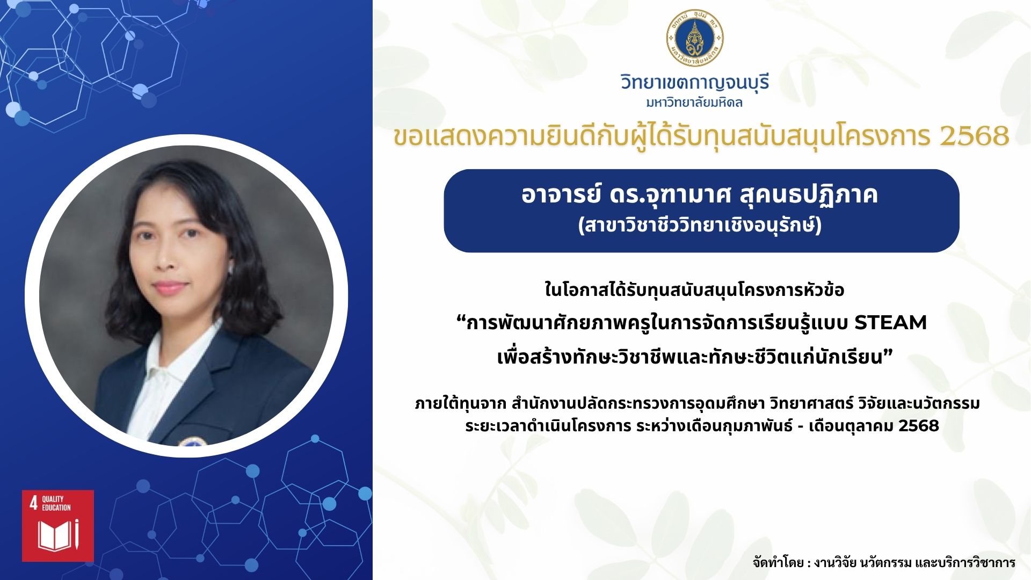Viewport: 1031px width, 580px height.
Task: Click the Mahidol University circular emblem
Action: (695, 38)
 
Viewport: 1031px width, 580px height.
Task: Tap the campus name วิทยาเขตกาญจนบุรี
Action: (695, 83)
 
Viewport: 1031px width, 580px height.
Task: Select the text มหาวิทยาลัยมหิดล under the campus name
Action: (695, 103)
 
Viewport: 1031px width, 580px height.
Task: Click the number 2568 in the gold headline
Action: (975, 136)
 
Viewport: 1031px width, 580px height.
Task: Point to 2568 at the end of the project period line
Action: (918, 426)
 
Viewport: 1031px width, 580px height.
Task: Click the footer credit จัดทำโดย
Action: (778, 562)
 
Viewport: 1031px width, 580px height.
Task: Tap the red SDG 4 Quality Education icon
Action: (58, 526)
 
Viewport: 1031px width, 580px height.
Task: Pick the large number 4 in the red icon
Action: (33, 503)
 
